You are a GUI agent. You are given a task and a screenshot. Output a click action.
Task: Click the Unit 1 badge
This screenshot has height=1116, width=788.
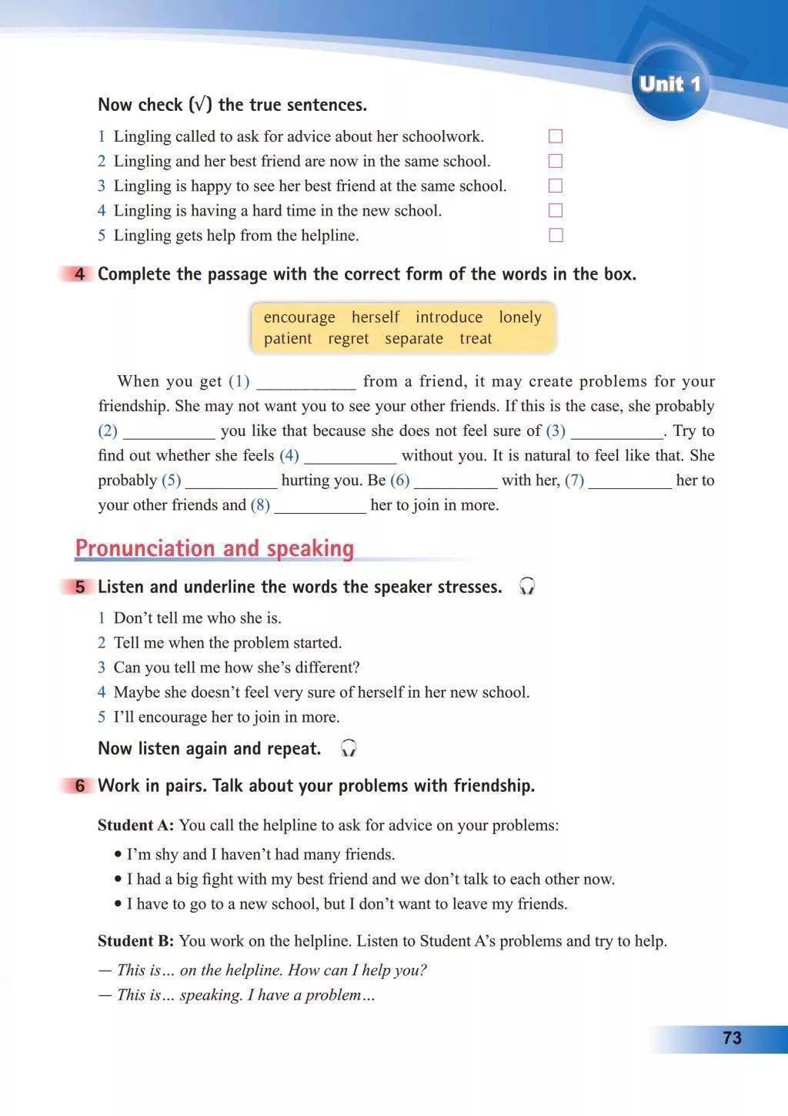[x=669, y=83]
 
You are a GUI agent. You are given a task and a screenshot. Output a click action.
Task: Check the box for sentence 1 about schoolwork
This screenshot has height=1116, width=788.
[x=556, y=136]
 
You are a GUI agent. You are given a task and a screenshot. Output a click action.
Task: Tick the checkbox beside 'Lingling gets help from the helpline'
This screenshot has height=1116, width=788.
[x=556, y=235]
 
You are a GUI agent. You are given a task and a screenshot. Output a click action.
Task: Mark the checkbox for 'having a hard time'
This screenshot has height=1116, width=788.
[x=556, y=210]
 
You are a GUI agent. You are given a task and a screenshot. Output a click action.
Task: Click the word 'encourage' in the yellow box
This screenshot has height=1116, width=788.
[x=299, y=317]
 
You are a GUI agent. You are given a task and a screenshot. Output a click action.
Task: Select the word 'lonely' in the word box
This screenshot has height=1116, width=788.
[x=520, y=317]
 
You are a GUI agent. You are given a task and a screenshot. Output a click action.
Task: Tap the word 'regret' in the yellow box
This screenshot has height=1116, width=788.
[x=349, y=339]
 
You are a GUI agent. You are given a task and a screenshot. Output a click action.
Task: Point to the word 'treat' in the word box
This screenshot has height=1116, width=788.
[x=476, y=339]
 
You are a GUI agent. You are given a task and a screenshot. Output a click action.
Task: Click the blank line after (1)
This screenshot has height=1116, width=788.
[x=306, y=384]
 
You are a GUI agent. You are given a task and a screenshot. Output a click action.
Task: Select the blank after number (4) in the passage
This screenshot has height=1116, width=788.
[x=350, y=457]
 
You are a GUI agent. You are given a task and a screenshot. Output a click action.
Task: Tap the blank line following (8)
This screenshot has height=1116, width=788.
[x=320, y=507]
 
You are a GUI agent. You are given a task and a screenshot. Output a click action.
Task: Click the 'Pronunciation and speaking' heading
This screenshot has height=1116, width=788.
[x=215, y=548]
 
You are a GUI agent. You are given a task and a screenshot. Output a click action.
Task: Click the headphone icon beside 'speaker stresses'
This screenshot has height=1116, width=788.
[x=527, y=587]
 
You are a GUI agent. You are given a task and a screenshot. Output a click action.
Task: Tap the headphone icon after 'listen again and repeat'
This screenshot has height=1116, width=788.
[x=349, y=749]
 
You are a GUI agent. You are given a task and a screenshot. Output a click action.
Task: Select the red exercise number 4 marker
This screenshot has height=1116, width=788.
[x=79, y=274]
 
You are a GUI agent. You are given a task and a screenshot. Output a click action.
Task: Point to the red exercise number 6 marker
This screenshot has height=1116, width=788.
[x=79, y=786]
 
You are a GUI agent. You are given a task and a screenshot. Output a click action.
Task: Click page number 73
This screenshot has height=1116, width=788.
[x=732, y=1038]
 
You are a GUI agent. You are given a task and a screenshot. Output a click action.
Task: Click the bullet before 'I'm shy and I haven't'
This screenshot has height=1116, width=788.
[x=118, y=855]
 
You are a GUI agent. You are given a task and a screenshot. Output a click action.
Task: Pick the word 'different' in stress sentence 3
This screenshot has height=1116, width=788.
[x=328, y=668]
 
